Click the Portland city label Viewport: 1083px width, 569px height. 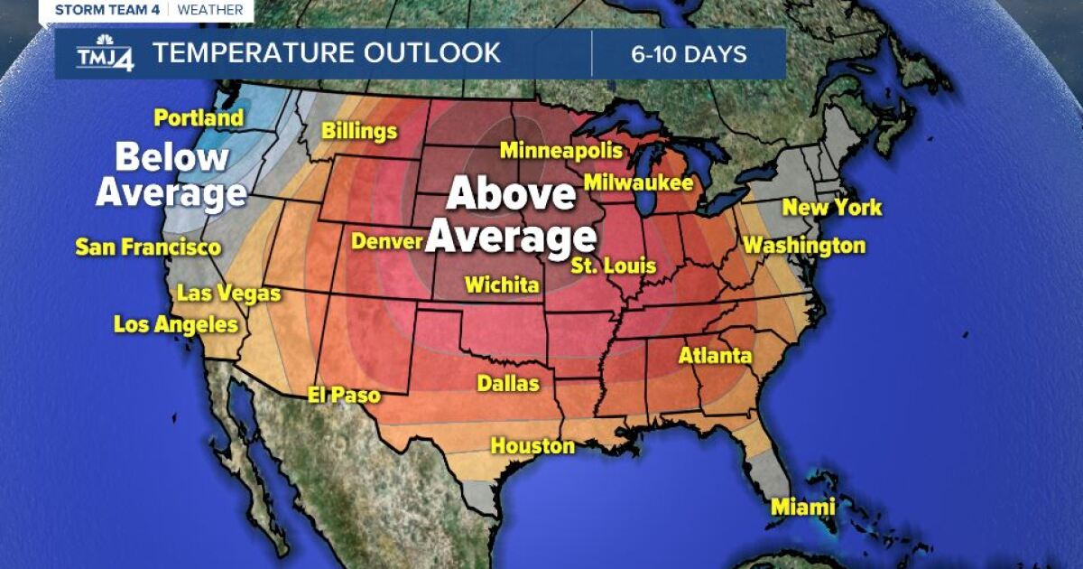(199, 117)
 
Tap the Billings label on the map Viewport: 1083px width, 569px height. (359, 132)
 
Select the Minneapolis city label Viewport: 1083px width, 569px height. (561, 150)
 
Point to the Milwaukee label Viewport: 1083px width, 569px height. (638, 182)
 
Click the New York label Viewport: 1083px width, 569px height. (831, 208)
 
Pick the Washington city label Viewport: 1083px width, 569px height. (803, 245)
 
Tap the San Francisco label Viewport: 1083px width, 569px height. (148, 247)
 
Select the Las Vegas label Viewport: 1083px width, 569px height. (228, 294)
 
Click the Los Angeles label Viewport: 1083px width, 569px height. (176, 325)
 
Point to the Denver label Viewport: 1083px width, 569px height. (387, 241)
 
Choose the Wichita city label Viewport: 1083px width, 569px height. (502, 285)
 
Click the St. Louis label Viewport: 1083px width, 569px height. (613, 266)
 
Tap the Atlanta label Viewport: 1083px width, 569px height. (715, 356)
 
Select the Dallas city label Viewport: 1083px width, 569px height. (508, 384)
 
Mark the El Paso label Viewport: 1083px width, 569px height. (344, 396)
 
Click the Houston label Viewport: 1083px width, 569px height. (532, 445)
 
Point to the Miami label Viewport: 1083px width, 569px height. (802, 508)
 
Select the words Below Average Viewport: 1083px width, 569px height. (171, 175)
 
